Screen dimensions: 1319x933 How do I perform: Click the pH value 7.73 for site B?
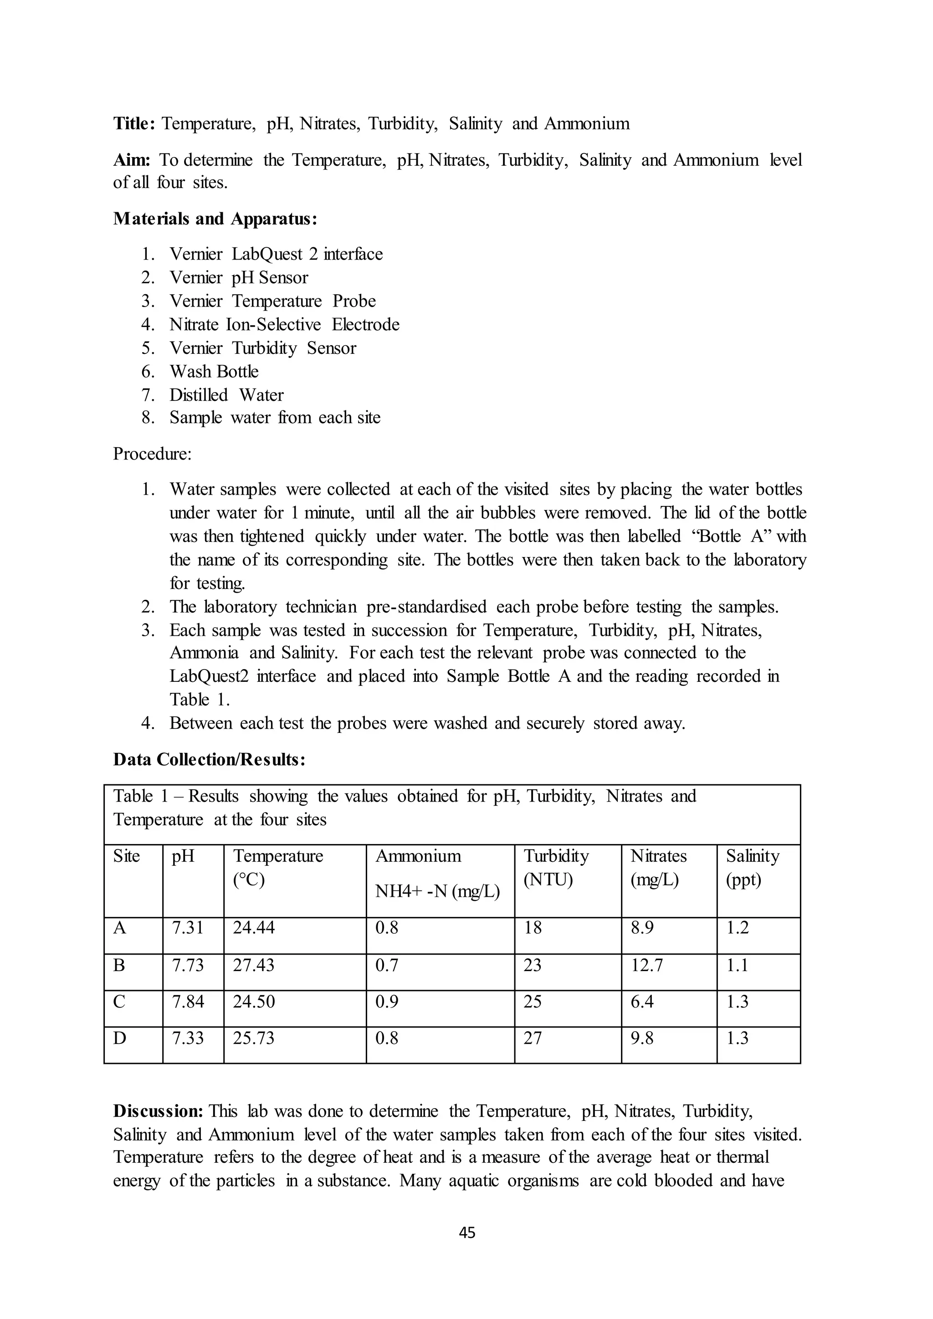187,965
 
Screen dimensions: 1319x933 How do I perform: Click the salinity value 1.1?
737,965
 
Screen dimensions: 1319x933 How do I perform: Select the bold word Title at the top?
133,123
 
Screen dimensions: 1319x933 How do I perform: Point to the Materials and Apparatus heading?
215,219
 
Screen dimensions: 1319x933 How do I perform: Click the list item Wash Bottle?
214,372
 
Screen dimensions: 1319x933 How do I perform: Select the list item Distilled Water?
226,395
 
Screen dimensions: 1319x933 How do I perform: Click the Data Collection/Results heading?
209,759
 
